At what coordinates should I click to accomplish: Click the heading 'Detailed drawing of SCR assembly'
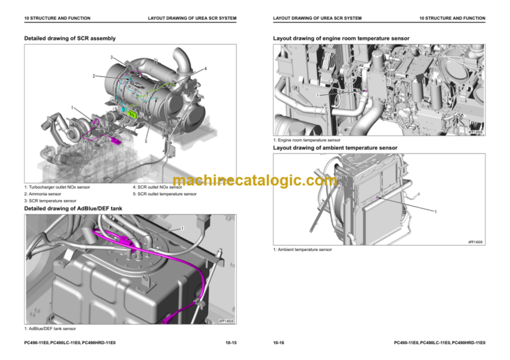coord(66,39)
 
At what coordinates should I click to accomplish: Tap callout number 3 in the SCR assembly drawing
coord(112,57)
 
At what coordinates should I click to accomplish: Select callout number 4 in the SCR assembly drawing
coord(206,69)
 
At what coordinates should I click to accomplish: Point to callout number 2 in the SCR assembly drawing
coord(94,76)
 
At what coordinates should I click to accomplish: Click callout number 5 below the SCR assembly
coord(145,141)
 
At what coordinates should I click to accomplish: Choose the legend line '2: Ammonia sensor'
coord(46,194)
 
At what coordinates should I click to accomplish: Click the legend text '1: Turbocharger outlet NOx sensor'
coord(57,187)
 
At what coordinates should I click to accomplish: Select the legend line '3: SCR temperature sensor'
coord(50,201)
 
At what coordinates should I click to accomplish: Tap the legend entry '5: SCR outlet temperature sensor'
coord(165,194)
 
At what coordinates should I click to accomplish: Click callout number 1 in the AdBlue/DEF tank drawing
coord(182,230)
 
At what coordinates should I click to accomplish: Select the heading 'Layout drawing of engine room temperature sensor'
coord(341,39)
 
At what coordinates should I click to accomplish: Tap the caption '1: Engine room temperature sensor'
coord(307,140)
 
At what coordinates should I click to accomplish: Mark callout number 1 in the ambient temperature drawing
coord(435,212)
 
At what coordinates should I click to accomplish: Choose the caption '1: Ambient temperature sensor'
coord(303,249)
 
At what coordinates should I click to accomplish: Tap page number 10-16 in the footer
coord(279,343)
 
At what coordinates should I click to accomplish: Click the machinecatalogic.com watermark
coord(255,180)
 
